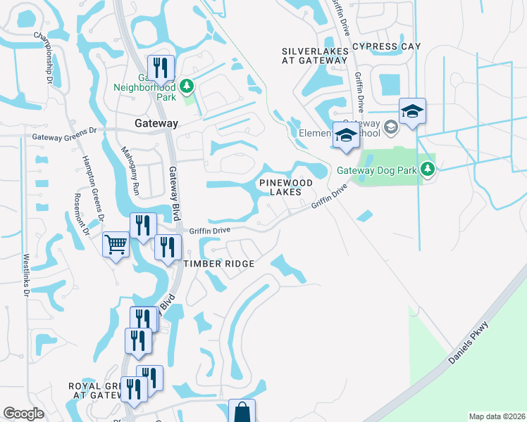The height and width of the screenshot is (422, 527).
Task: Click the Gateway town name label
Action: [x=156, y=123]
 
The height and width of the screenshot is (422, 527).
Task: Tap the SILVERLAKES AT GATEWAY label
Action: [x=315, y=56]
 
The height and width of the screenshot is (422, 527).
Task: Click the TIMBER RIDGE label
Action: [x=218, y=263]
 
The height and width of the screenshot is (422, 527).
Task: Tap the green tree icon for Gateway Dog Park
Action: [x=427, y=168]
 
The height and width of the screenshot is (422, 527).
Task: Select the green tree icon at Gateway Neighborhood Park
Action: [x=187, y=87]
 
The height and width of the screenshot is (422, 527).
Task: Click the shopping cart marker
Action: [x=116, y=245]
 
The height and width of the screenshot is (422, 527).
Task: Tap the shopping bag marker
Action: [x=242, y=411]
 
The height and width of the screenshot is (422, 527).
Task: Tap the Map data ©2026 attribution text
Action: [x=497, y=416]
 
